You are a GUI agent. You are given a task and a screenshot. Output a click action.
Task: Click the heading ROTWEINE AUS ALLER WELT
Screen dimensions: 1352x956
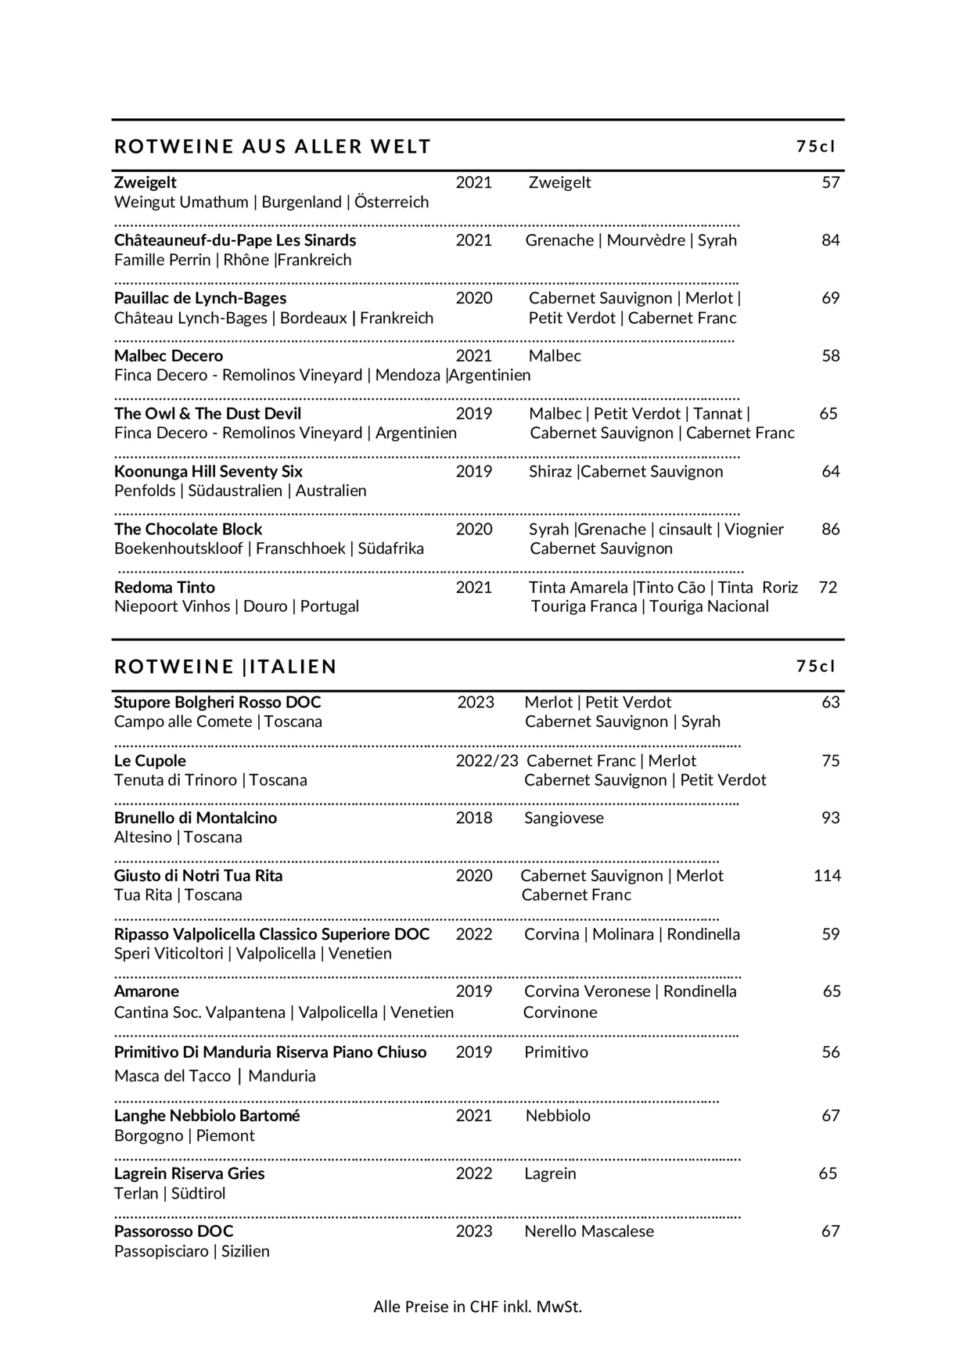pyautogui.click(x=272, y=146)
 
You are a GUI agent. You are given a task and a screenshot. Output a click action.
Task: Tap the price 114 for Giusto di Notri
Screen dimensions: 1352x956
pyautogui.click(x=827, y=876)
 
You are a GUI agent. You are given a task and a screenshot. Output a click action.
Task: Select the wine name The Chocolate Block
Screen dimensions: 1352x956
pyautogui.click(x=188, y=529)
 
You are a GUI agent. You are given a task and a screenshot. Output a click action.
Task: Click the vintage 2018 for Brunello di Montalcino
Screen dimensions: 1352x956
pyautogui.click(x=474, y=818)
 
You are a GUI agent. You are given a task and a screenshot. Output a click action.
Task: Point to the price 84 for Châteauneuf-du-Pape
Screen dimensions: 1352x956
pyautogui.click(x=830, y=240)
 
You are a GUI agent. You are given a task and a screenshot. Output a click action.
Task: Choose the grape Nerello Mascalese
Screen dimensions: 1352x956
pyautogui.click(x=588, y=1231)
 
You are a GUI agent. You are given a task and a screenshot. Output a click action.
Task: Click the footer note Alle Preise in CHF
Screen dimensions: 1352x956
pyautogui.click(x=477, y=1306)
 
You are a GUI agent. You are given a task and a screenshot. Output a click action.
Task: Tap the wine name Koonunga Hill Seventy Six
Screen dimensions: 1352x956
pyautogui.click(x=208, y=471)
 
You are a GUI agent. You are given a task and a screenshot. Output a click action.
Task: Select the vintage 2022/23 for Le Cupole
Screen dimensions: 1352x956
pyautogui.click(x=487, y=760)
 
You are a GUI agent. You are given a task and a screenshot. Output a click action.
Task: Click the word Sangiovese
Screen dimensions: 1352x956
pyautogui.click(x=563, y=818)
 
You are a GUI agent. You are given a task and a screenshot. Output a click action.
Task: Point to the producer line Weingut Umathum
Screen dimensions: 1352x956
pyautogui.click(x=271, y=202)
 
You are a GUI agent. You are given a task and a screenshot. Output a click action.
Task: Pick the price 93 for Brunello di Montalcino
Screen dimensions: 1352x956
pyautogui.click(x=830, y=818)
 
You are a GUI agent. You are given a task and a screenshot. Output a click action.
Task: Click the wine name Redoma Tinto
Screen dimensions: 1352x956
pyautogui.click(x=164, y=587)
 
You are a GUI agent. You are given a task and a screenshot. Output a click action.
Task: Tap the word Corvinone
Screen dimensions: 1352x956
pyautogui.click(x=559, y=1012)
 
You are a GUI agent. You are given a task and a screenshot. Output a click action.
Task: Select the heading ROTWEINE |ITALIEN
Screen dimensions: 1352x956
pyautogui.click(x=225, y=667)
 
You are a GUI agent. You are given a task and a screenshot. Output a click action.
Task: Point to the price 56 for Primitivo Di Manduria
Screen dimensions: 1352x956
pyautogui.click(x=830, y=1052)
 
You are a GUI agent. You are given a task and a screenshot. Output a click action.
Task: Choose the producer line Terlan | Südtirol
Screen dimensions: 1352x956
pyautogui.click(x=170, y=1193)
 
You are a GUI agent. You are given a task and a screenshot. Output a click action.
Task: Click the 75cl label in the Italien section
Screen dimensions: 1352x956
pyautogui.click(x=816, y=667)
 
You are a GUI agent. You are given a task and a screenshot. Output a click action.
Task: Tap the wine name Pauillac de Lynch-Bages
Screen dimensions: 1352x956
pyautogui.click(x=200, y=298)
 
